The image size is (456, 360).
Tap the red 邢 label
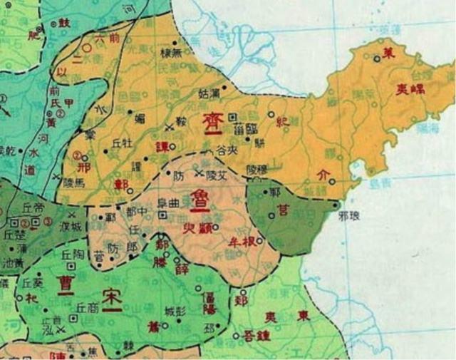point(86,169)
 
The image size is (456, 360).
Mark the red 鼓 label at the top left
point(63,24)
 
